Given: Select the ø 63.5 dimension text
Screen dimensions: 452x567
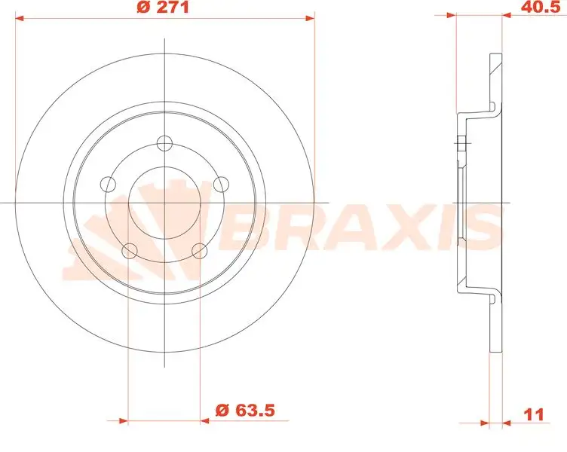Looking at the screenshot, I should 243,411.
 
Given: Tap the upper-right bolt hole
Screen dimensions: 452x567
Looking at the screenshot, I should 221,183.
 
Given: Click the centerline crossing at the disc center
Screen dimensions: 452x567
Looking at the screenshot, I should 165,202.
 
